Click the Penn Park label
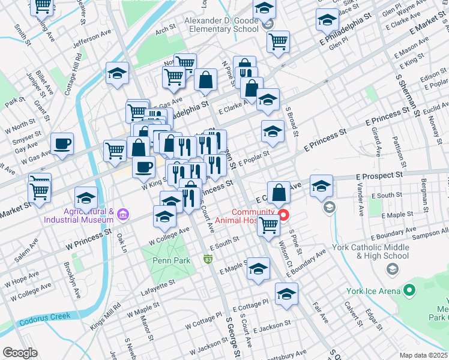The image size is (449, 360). [x=171, y=260]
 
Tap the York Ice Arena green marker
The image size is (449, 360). [x=410, y=292]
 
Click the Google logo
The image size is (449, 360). [x=20, y=352]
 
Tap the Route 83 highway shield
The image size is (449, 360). [x=208, y=259]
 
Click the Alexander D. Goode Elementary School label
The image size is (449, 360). [x=221, y=25]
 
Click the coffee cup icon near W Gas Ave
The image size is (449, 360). [x=62, y=144]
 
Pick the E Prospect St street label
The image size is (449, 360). [x=378, y=175]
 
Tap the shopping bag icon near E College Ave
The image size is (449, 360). [x=279, y=193]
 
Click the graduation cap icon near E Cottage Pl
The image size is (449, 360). [x=286, y=294]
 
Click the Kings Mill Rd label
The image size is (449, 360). [x=106, y=316]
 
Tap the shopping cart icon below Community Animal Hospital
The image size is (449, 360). [x=268, y=226]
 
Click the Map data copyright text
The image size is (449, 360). [x=424, y=355]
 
